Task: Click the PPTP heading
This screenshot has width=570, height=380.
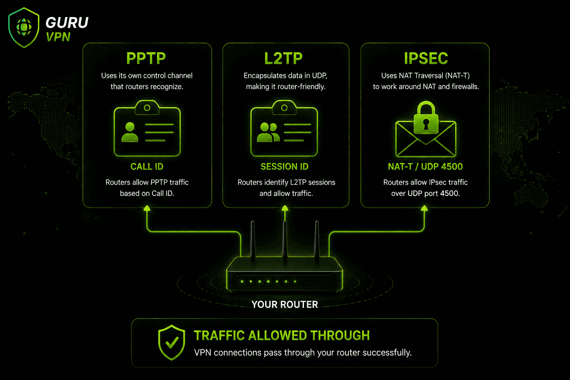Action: point(146,58)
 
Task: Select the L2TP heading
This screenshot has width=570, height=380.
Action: point(284,58)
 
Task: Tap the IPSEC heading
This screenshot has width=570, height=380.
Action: point(426,58)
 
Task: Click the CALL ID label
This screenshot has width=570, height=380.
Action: point(147,167)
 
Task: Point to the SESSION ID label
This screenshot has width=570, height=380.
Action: point(285,167)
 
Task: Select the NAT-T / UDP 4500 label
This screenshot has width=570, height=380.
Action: point(425,167)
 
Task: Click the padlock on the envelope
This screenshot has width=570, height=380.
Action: point(426,118)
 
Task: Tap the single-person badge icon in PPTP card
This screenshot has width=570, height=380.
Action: point(147,128)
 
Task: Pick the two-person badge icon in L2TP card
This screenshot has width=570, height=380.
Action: point(284,128)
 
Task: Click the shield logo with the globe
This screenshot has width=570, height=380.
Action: point(24,27)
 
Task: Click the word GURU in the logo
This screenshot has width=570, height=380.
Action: point(67,22)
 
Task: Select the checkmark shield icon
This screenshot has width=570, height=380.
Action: point(171,343)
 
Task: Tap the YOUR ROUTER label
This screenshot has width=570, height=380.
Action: point(285,304)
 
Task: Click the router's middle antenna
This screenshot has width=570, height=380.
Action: point(285,240)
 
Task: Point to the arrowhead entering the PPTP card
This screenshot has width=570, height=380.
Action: point(147,208)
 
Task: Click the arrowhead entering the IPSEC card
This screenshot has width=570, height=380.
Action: point(424,208)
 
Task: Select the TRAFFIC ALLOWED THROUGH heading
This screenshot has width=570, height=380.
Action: point(282,335)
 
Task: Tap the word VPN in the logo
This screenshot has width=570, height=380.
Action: point(58,37)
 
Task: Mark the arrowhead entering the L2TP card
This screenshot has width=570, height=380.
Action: point(285,208)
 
